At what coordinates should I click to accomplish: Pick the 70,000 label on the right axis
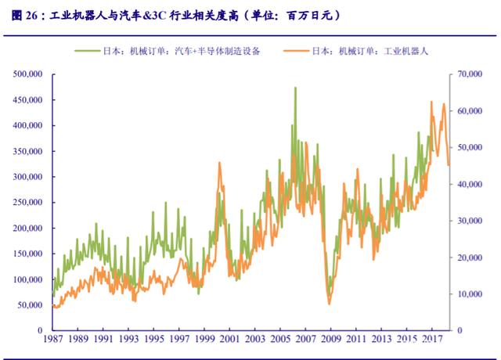(469, 74)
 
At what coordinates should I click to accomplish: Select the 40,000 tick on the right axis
(469, 184)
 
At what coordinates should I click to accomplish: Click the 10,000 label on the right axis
(469, 293)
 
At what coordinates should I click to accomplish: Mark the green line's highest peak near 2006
(295, 88)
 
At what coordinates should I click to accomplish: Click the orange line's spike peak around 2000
(219, 163)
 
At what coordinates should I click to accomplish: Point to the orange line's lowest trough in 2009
(330, 304)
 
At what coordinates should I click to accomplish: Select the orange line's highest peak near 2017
(431, 102)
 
